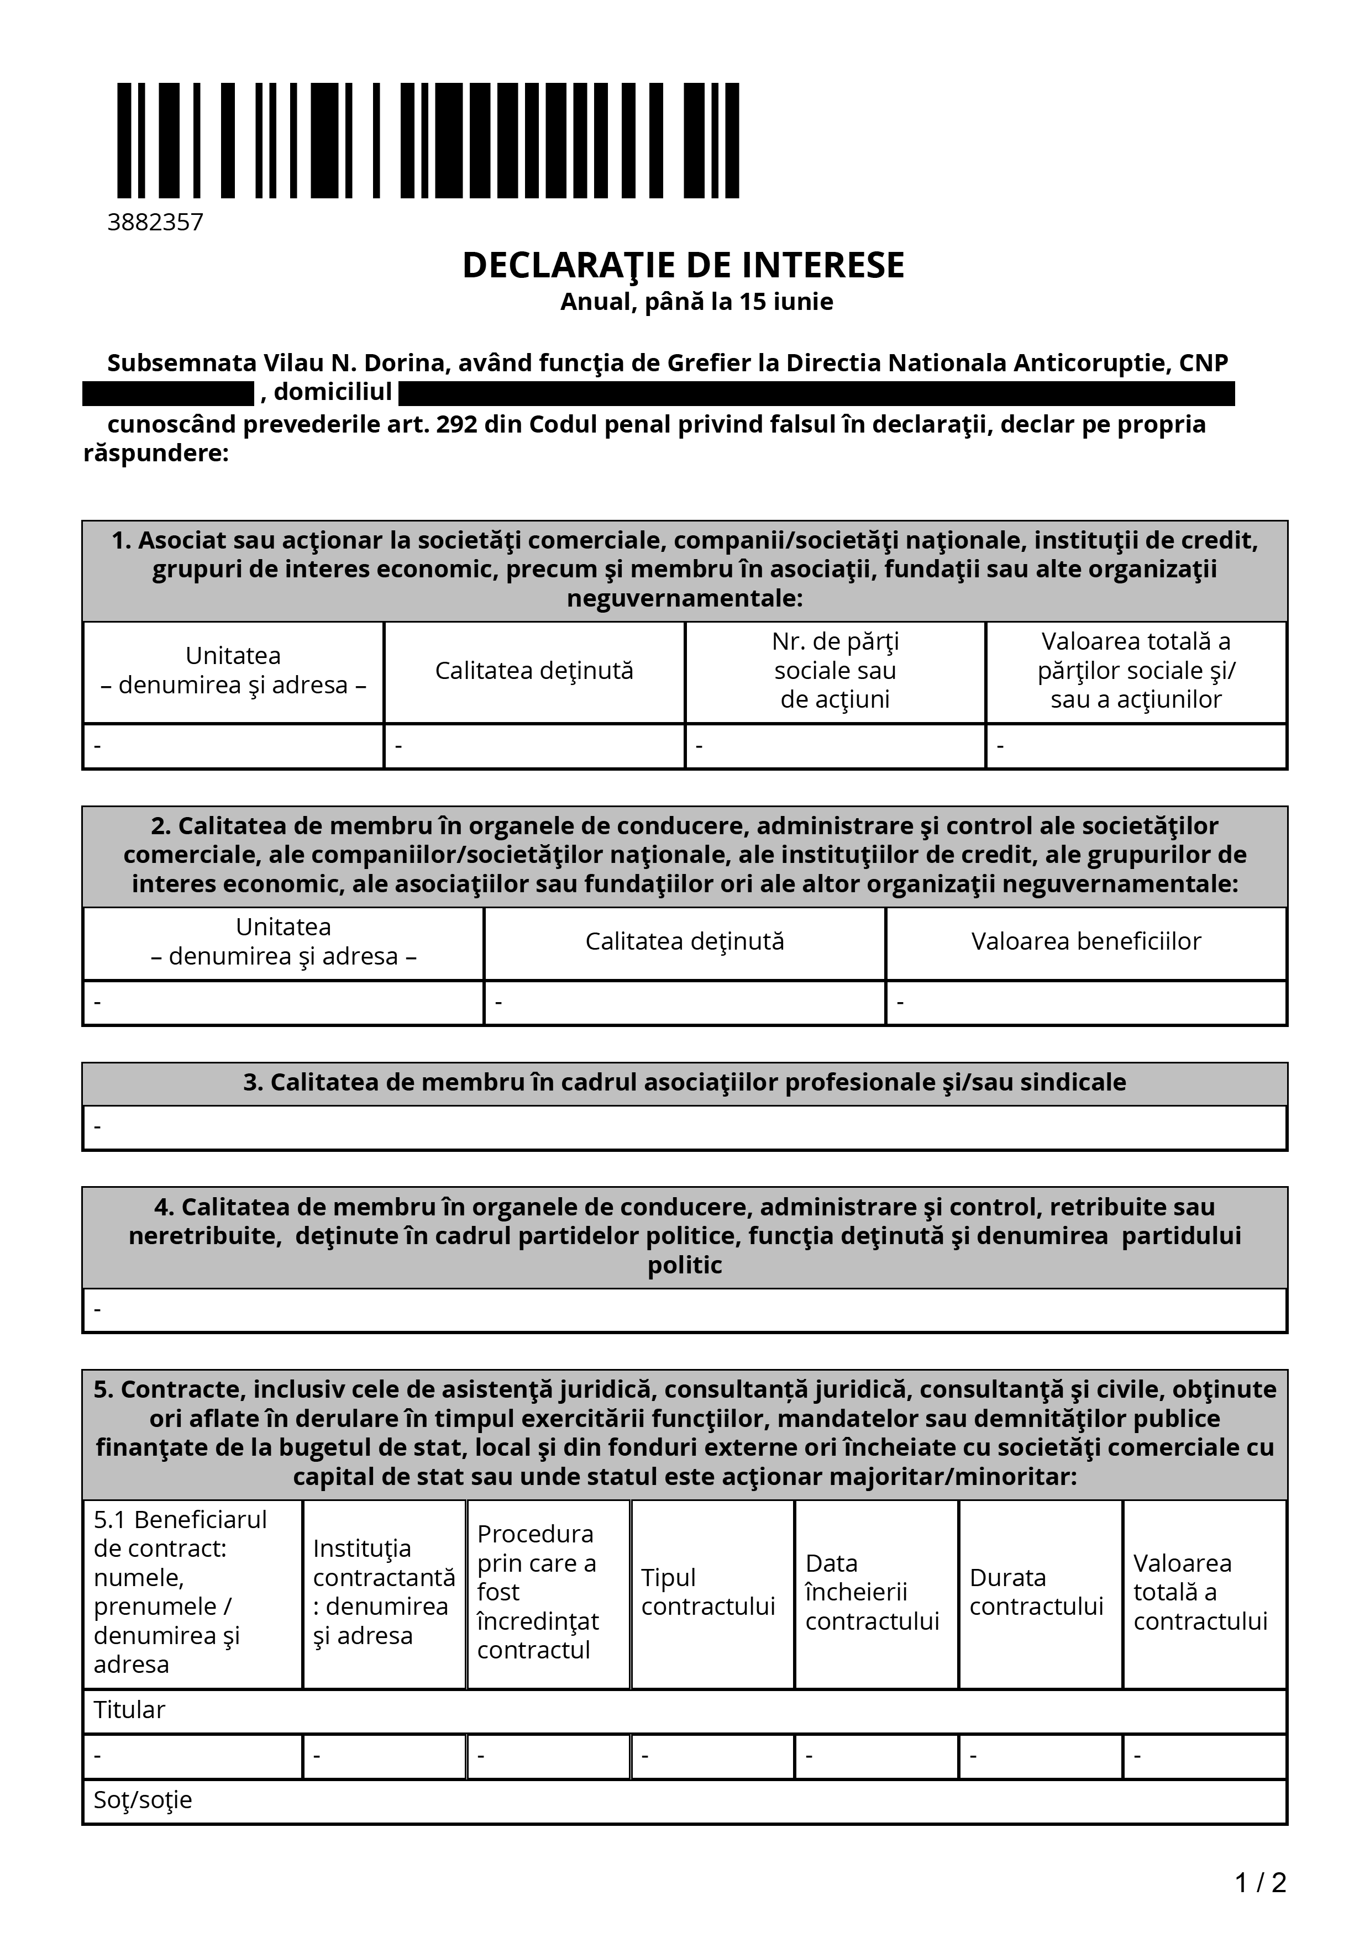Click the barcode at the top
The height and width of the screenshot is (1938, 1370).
427,140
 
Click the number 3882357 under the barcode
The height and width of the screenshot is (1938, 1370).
155,222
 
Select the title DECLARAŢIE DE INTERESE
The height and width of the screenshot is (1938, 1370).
683,265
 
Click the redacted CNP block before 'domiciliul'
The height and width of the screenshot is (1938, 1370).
168,393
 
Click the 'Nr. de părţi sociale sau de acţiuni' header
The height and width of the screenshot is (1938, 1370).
835,670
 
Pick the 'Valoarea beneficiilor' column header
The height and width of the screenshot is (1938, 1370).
1085,941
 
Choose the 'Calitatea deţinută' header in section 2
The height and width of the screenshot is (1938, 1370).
685,941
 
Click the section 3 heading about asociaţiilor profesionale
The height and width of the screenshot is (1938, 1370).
685,1082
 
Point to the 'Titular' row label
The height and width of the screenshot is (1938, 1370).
129,1709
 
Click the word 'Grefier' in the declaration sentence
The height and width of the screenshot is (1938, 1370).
707,363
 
